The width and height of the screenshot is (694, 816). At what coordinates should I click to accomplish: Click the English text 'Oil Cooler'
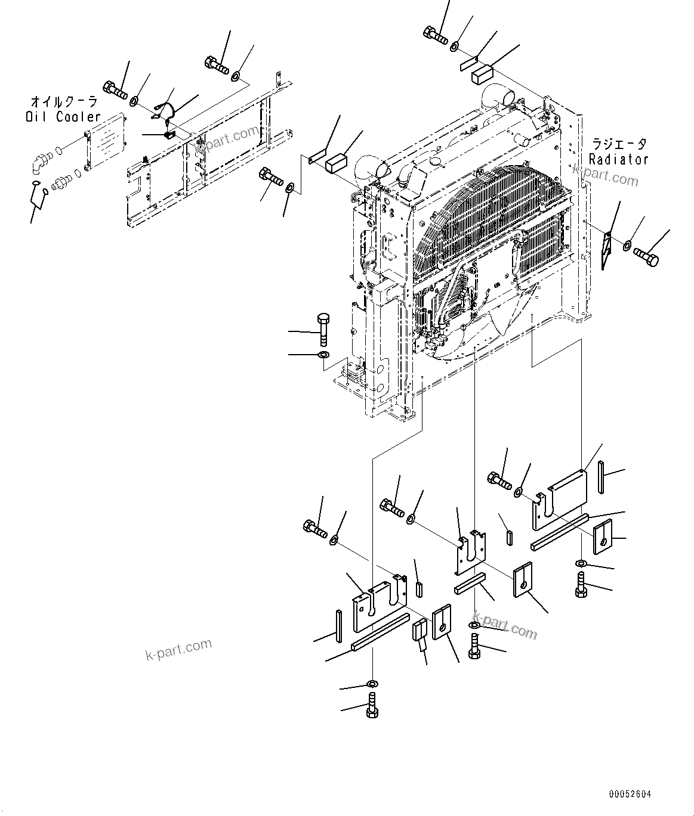[63, 117]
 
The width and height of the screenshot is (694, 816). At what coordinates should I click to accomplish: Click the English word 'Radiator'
[618, 159]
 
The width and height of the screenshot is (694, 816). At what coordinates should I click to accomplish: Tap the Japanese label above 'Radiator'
[618, 144]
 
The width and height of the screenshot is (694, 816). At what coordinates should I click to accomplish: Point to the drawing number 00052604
[630, 795]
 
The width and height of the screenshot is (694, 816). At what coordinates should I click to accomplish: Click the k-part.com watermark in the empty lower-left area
[178, 650]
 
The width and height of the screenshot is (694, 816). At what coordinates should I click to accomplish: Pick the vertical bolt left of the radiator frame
[323, 329]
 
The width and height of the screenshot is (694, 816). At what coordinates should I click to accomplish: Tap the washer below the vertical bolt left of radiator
[323, 356]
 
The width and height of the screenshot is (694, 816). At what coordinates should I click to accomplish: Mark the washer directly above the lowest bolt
[372, 683]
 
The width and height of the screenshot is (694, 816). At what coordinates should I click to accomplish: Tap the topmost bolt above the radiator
[437, 35]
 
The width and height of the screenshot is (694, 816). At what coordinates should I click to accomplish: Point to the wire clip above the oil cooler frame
[165, 111]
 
